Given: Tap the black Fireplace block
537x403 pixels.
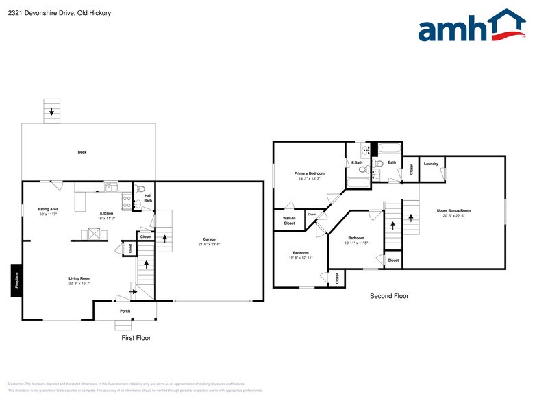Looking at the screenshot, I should tap(16, 281).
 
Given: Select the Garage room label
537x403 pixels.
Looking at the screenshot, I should tap(209, 241).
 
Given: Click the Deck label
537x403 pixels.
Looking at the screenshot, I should tap(82, 152).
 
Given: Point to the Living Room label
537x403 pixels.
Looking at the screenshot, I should tap(79, 280).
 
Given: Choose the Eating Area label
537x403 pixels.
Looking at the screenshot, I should tap(48, 211).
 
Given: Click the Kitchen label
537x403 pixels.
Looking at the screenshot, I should tap(106, 215).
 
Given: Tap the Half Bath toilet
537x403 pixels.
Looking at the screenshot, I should tap(139, 188).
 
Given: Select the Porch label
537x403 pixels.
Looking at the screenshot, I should tap(125, 310).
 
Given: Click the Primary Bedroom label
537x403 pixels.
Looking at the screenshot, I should tap(310, 175).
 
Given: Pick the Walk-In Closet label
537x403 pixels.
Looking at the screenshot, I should tap(289, 221).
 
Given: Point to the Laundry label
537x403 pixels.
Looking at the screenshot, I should tap(431, 164).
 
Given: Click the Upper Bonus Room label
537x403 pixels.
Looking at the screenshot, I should tap(453, 212).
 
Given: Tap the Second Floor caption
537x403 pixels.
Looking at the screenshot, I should tap(389, 296).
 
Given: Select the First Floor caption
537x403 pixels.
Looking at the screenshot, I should tap(136, 338).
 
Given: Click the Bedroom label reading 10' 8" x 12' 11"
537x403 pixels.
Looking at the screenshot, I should tap(301, 255).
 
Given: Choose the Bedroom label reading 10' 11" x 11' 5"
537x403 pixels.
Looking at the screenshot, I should tap(356, 241).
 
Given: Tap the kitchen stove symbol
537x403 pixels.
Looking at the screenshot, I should tap(127, 201).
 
